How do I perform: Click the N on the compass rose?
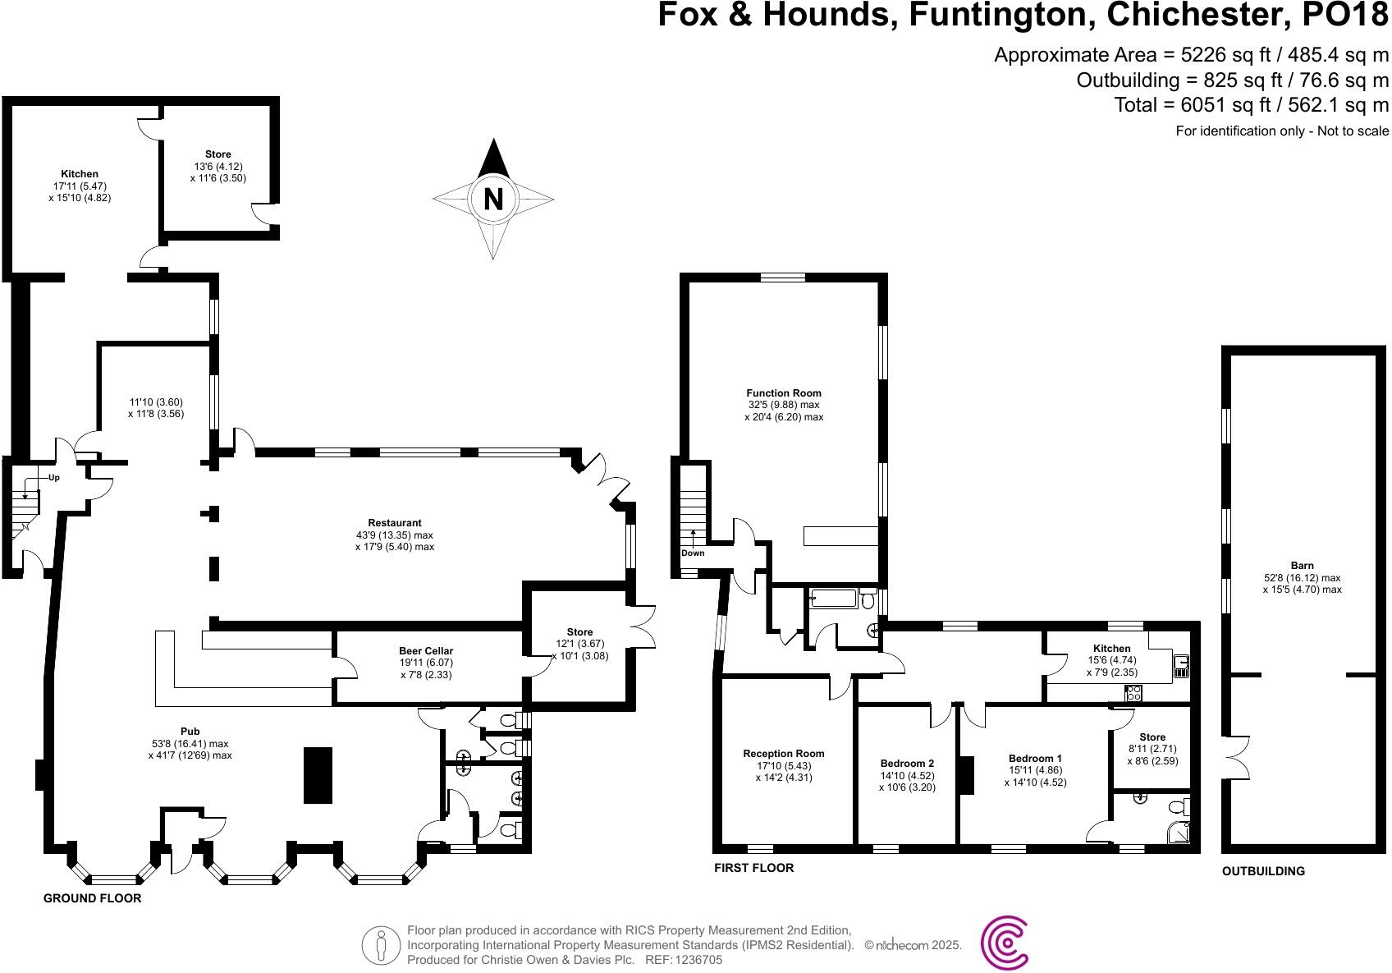492,200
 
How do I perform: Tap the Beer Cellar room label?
426,651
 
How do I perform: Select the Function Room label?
783,393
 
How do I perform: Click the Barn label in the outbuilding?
1302,566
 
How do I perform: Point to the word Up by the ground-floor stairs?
54,477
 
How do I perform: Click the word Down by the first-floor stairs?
693,553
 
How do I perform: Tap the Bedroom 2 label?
907,764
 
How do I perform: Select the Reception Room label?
783,754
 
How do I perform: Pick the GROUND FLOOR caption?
92,898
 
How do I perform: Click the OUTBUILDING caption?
1263,871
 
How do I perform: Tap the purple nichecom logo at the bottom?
1005,944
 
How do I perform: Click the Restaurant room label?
395,523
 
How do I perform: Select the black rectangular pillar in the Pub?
318,775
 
